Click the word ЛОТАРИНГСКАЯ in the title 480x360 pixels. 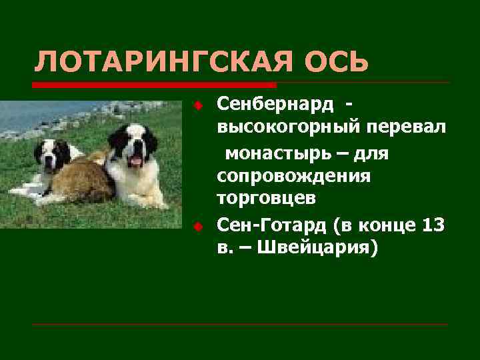point(158,62)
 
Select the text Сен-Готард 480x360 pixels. point(271,225)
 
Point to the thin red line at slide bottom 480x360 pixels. point(240,324)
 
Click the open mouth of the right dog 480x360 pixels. point(136,161)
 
